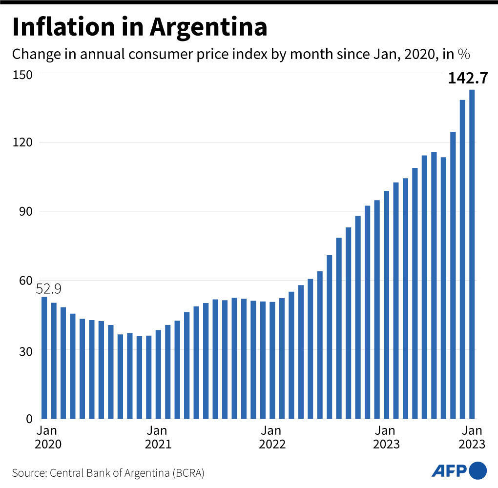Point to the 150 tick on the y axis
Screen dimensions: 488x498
tap(22, 74)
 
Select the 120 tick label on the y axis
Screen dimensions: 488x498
tap(22, 142)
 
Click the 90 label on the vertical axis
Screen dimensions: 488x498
tap(25, 212)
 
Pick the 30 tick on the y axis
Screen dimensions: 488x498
tap(25, 350)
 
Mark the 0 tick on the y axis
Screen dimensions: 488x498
tap(29, 419)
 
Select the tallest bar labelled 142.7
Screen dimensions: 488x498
tap(472, 254)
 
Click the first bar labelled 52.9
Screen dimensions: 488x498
tap(44, 358)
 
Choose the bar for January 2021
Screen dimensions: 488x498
tap(158, 374)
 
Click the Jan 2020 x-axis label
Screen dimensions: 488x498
tap(48, 437)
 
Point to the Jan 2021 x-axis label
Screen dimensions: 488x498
tap(158, 437)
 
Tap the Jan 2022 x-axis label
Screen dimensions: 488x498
tap(271, 437)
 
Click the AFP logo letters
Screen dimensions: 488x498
tap(449, 470)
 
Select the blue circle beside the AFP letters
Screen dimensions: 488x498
tap(478, 470)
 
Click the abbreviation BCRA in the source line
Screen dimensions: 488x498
tap(187, 473)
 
